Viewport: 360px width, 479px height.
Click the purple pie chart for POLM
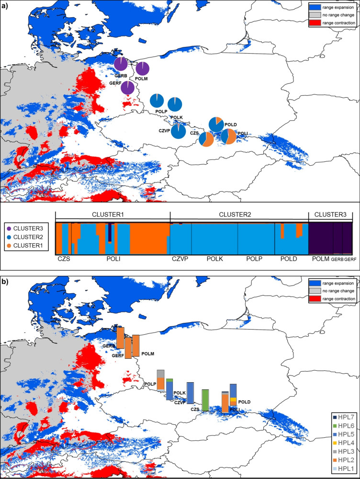143,69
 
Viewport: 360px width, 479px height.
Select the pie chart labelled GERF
128,88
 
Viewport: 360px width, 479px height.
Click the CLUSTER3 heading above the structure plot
330,215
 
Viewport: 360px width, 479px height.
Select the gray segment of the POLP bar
161,374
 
